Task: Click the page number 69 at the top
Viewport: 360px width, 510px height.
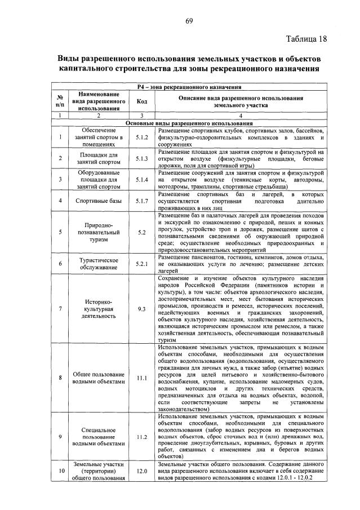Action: point(189,22)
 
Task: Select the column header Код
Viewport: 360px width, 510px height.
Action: point(141,101)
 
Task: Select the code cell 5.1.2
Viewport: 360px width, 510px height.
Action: point(141,137)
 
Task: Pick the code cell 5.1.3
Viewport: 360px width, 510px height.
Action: point(141,158)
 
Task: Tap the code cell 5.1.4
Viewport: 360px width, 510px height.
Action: point(141,180)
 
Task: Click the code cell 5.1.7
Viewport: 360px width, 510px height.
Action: point(141,201)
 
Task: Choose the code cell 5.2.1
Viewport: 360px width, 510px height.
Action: point(141,263)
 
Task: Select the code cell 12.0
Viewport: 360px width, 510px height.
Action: point(141,471)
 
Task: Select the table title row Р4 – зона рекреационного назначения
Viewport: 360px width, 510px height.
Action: point(189,87)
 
